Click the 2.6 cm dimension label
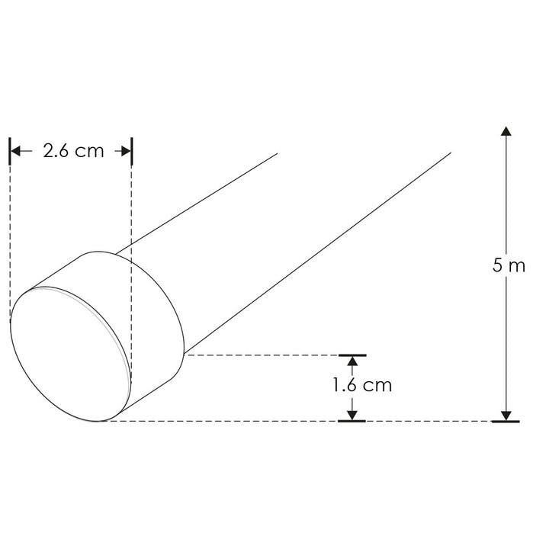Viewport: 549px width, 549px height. coord(73,151)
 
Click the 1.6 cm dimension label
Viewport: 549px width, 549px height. coord(362,385)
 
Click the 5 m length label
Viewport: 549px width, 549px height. coord(509,266)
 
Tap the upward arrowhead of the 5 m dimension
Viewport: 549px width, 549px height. coord(506,132)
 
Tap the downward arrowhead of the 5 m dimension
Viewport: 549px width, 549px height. coord(506,413)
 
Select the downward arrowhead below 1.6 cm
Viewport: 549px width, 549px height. coord(352,413)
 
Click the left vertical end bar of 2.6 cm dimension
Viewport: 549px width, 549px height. coord(10,151)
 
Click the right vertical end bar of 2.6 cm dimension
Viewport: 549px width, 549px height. coord(132,151)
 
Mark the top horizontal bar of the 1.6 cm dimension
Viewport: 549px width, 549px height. coord(352,355)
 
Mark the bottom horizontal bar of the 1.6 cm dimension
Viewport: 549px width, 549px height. coord(352,421)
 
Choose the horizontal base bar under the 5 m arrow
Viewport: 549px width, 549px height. coord(506,421)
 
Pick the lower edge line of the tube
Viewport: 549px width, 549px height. coord(320,252)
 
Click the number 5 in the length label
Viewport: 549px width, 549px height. coord(497,266)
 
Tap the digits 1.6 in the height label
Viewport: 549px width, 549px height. coord(345,385)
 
